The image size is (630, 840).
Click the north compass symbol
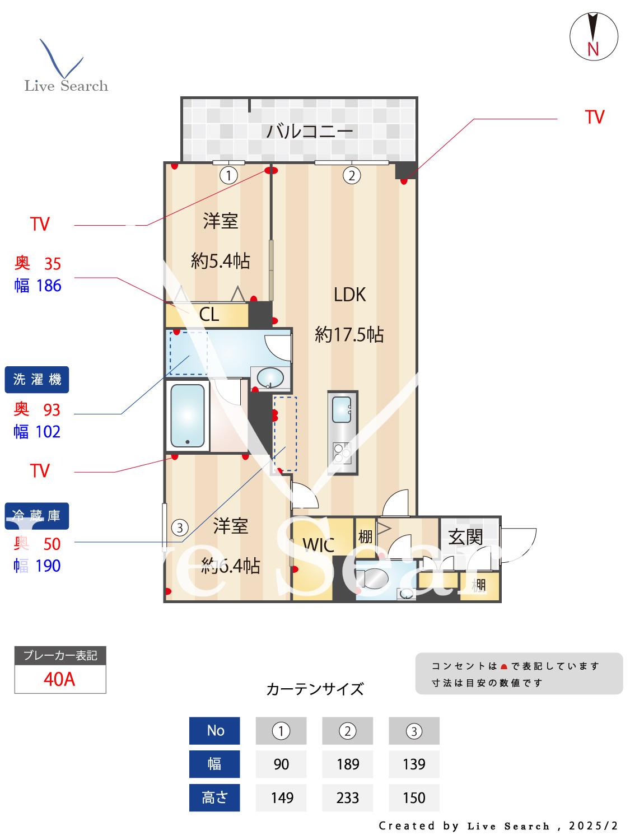coord(594,36)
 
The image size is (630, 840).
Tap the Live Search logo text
coord(66,86)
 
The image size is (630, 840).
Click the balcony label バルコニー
coord(309,132)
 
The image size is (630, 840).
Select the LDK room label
coord(349,295)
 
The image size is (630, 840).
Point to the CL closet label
coord(209,315)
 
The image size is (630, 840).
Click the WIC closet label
coord(318,545)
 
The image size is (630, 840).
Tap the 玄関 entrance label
coord(465,537)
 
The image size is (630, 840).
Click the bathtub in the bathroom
coord(187,415)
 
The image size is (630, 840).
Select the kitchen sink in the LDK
coord(342,409)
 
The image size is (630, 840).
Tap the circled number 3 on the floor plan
coord(180,528)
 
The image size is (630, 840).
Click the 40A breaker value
coord(59,679)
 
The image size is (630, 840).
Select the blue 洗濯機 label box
coord(37,380)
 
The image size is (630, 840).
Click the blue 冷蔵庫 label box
coord(37,516)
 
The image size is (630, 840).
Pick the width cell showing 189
coord(348,764)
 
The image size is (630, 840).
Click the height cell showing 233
coord(348,798)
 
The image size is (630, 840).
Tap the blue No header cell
coord(215,731)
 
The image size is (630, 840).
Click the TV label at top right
coord(595,117)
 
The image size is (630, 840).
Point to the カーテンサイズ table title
coord(315,689)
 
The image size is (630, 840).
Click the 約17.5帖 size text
coord(349,334)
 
